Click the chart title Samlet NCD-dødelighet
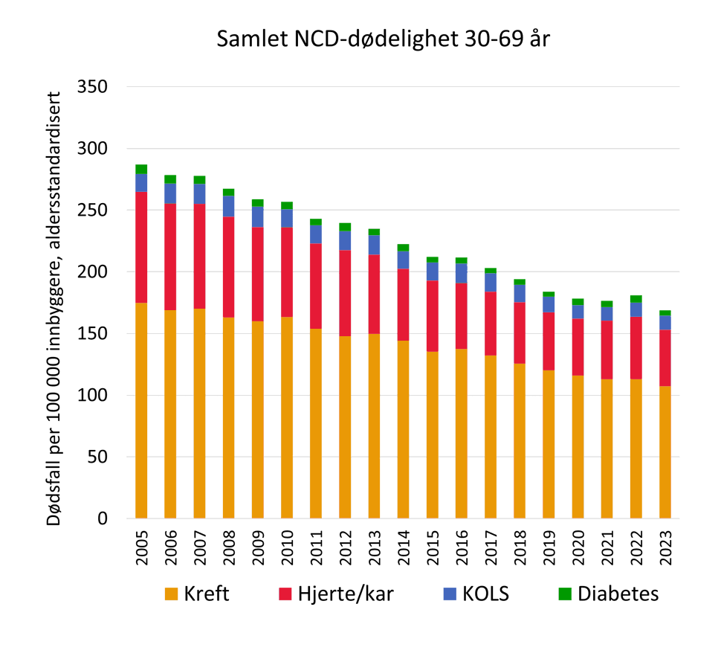click(383, 39)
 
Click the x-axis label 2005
click(141, 548)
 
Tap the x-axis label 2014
click(404, 548)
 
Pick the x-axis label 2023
click(666, 548)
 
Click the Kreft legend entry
click(198, 594)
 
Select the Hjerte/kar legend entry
click(335, 594)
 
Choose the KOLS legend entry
click(476, 594)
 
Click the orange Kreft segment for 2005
click(141, 409)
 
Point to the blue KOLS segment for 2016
click(462, 274)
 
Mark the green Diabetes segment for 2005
click(141, 169)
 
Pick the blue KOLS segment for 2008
click(229, 207)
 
